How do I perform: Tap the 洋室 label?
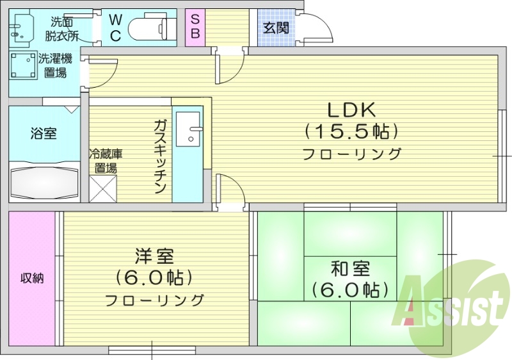154,256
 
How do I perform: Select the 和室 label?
350,267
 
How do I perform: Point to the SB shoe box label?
195,26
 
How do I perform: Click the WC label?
115,28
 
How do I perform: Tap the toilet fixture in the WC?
151,29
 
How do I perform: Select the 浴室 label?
44,134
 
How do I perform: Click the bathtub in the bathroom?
44,183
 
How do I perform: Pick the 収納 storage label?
32,279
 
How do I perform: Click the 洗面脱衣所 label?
63,28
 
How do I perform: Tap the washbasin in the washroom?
20,29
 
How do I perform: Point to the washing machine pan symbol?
24,65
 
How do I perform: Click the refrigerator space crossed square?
102,188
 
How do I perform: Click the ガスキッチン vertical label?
160,156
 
